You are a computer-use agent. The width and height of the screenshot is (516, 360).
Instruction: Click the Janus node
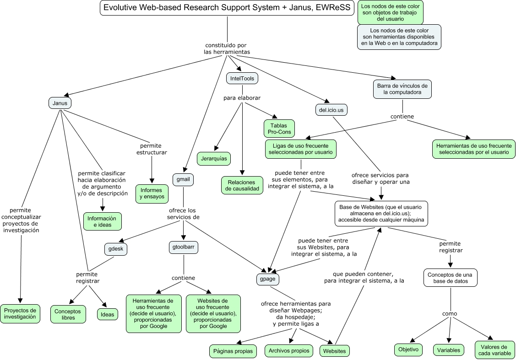pyautogui.click(x=60, y=103)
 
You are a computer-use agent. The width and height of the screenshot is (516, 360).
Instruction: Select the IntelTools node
pyautogui.click(x=242, y=79)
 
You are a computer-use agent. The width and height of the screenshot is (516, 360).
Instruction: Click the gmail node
pyautogui.click(x=183, y=180)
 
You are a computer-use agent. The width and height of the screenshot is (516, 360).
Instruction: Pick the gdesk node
pyautogui.click(x=116, y=249)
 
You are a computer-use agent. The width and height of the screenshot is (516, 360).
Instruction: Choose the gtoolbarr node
pyautogui.click(x=184, y=247)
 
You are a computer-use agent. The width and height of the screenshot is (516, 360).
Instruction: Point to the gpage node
pyautogui.click(x=268, y=279)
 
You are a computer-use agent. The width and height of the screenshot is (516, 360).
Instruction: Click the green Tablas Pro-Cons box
pyautogui.click(x=279, y=129)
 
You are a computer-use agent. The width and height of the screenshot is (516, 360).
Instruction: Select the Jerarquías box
pyautogui.click(x=214, y=159)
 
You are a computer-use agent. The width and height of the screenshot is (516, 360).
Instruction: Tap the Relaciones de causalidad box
pyautogui.click(x=243, y=185)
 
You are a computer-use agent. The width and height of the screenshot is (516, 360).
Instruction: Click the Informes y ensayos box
pyautogui.click(x=152, y=193)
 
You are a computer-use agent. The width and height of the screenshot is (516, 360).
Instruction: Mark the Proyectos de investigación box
pyautogui.click(x=20, y=313)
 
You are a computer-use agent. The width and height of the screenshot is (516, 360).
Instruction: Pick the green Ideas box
pyautogui.click(x=107, y=314)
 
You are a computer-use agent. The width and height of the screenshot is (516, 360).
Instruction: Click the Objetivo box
pyautogui.click(x=408, y=350)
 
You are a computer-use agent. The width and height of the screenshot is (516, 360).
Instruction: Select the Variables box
pyautogui.click(x=449, y=350)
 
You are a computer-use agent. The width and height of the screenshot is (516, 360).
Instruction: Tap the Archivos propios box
pyautogui.click(x=289, y=351)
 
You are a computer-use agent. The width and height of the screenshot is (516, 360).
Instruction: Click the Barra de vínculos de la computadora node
pyautogui.click(x=402, y=89)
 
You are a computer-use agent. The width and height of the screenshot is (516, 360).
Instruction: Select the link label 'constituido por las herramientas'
pyautogui.click(x=227, y=48)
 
